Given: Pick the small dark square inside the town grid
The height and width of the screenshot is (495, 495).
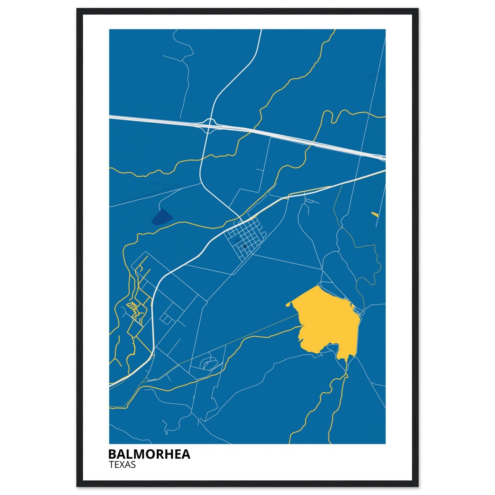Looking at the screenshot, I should pyautogui.click(x=245, y=247).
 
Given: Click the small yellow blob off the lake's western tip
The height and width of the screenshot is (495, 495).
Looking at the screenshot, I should pyautogui.click(x=288, y=305).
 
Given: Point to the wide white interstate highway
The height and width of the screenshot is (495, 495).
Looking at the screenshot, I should pyautogui.click(x=282, y=136).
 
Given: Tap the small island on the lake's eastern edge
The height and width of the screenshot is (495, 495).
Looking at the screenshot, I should pyautogui.click(x=353, y=306).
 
